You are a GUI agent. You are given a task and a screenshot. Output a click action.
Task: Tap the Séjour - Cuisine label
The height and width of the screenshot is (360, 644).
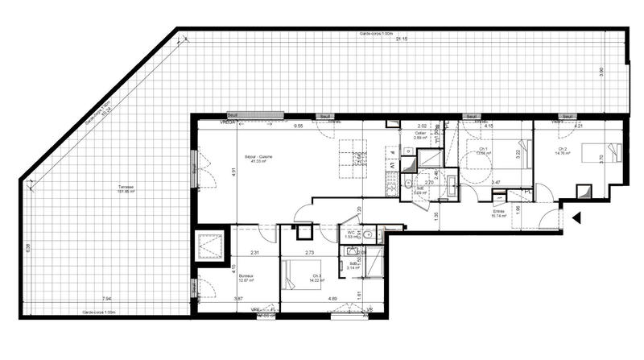click(258, 159)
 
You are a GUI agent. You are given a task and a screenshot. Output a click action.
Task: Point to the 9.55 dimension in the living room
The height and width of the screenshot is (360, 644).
click(298, 126)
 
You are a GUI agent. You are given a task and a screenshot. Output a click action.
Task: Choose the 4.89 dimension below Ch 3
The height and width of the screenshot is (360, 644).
click(332, 299)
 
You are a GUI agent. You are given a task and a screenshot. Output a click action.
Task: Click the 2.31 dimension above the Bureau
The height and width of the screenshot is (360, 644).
click(254, 253)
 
